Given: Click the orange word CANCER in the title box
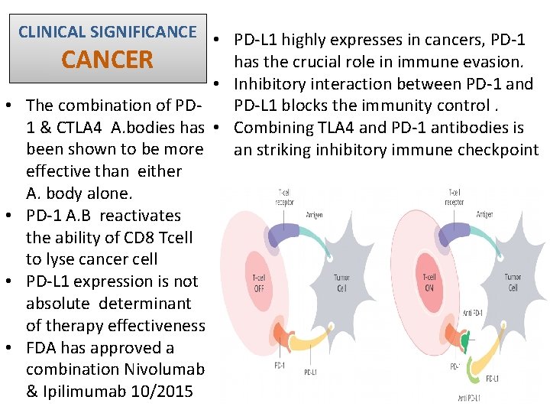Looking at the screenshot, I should coord(108,60).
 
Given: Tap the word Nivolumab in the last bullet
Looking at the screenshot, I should coord(160,369).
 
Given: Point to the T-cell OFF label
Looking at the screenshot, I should coord(259,282).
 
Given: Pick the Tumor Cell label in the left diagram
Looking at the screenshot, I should coord(341,282).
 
